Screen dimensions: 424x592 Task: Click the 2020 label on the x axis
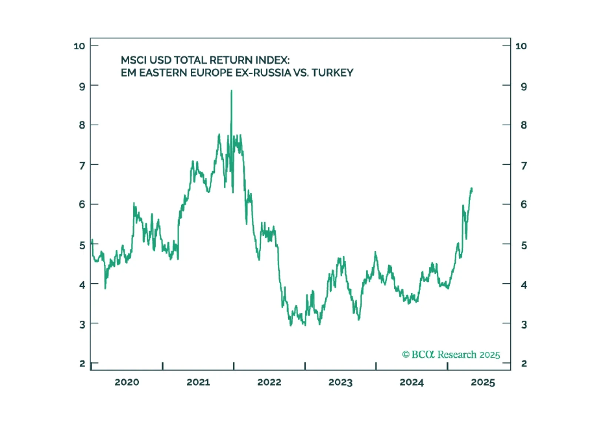127,382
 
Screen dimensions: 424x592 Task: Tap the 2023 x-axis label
340,382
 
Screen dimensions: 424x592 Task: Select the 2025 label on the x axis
483,382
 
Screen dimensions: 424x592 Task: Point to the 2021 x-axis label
198,382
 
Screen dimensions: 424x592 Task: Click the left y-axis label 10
79,46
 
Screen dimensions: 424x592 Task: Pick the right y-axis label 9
523,87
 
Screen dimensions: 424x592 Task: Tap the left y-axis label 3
82,325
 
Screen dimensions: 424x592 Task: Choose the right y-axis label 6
523,204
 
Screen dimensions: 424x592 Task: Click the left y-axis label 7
82,165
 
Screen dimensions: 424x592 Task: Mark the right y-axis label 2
523,364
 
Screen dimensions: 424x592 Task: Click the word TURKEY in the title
332,73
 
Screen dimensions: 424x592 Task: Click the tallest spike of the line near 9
232,91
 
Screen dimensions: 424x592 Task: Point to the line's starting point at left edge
92,241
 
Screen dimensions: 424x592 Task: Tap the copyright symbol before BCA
406,355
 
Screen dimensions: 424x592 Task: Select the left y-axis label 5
82,245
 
